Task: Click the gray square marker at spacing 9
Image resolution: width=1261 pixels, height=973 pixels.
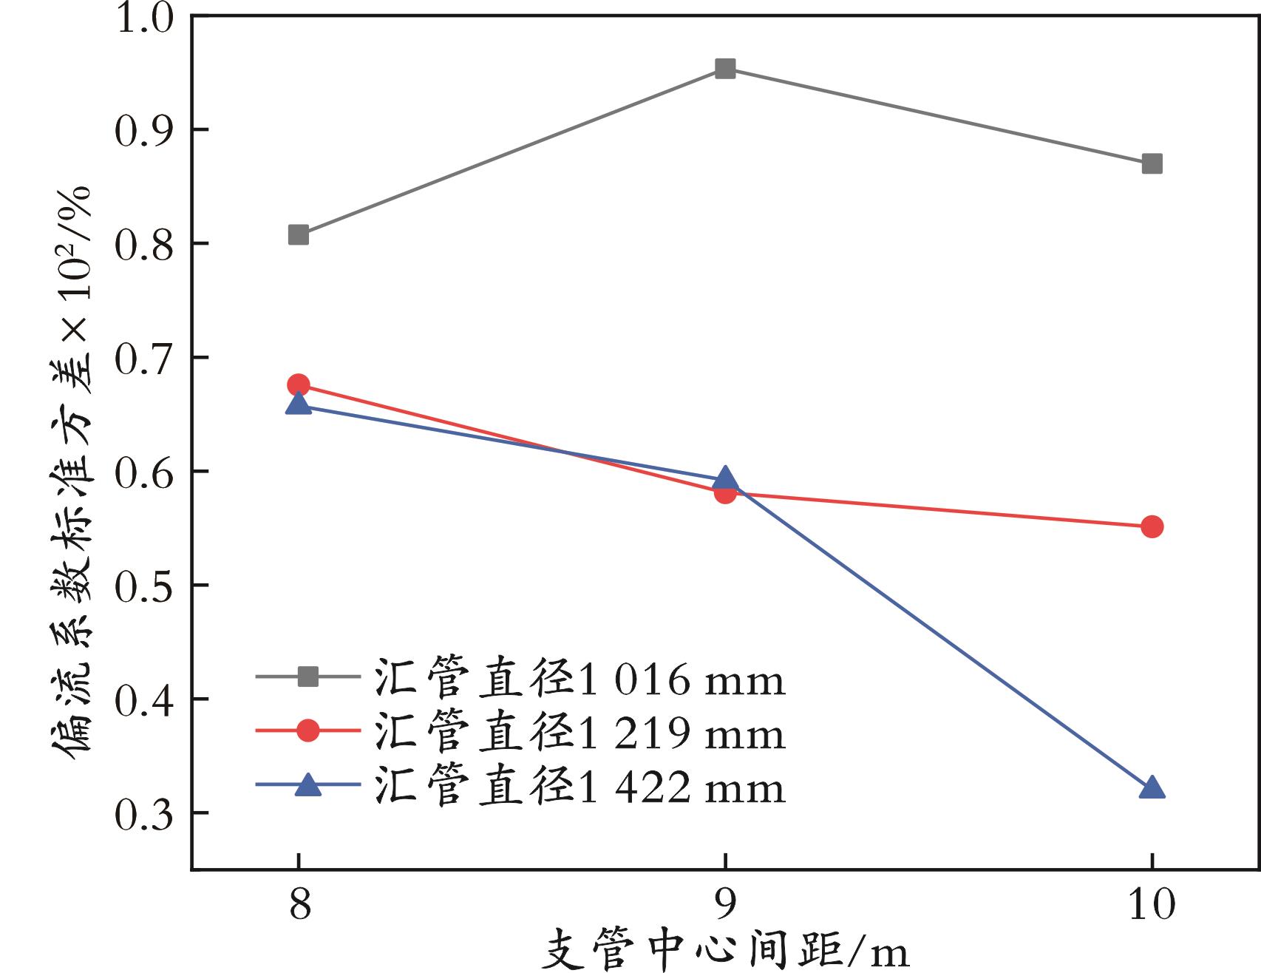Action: pos(725,69)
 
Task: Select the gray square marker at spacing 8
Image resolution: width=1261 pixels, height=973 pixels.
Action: pos(299,235)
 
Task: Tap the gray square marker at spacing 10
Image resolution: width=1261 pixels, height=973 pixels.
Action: pos(1152,163)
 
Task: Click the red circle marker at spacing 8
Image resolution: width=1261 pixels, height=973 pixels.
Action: pos(299,384)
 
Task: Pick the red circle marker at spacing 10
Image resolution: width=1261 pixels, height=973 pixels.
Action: pos(1152,527)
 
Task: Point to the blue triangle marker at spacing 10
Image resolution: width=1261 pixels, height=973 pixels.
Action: pos(1152,789)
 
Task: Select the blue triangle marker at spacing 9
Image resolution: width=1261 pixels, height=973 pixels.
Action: pos(725,478)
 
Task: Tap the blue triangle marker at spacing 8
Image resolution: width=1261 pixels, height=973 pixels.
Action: pos(299,404)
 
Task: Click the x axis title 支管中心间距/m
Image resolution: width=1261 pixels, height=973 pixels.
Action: pos(724,952)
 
